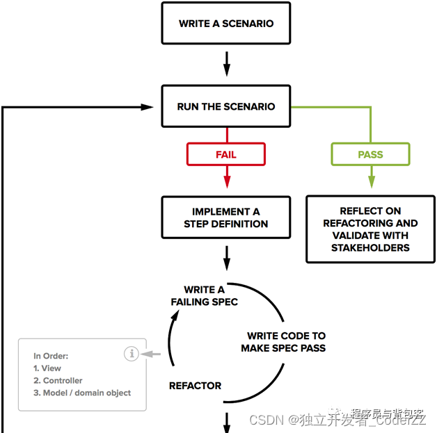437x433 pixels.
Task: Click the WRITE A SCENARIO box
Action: click(225, 23)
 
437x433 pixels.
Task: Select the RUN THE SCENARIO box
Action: click(225, 106)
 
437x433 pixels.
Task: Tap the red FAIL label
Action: click(225, 154)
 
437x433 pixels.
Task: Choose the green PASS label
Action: click(370, 154)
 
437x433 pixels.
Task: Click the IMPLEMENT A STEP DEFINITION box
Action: click(225, 218)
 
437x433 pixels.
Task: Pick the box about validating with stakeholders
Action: click(370, 229)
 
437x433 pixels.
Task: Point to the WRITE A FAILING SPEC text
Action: click(204, 295)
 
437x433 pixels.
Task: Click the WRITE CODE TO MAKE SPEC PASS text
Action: click(283, 341)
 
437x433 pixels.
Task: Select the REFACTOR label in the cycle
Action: click(195, 386)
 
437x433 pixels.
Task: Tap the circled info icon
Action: click(131, 354)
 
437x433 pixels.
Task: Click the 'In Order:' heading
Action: click(51, 356)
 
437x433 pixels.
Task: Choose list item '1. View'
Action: click(47, 368)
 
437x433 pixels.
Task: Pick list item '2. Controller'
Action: click(58, 381)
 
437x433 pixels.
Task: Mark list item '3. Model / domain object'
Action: click(82, 393)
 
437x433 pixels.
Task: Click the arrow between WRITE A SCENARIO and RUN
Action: click(225, 65)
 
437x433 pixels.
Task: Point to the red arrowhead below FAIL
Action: click(225, 182)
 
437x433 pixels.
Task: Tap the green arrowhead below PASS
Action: click(370, 182)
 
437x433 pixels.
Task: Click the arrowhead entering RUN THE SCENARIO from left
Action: click(147, 107)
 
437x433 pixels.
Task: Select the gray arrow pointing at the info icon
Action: click(146, 354)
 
